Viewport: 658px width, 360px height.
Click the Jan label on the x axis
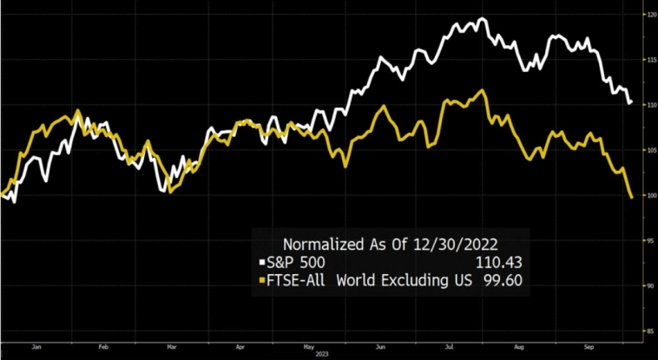click(36, 345)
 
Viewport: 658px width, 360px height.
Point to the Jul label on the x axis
click(448, 345)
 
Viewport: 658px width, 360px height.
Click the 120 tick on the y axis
click(645, 15)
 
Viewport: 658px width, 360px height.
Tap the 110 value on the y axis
click(645, 105)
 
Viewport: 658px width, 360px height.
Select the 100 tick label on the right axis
click(645, 195)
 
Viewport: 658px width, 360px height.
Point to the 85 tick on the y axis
click(645, 331)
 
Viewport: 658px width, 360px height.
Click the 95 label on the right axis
click(645, 240)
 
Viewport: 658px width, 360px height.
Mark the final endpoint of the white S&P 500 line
click(629, 103)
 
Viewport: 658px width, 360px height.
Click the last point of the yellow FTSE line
click(630, 198)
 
